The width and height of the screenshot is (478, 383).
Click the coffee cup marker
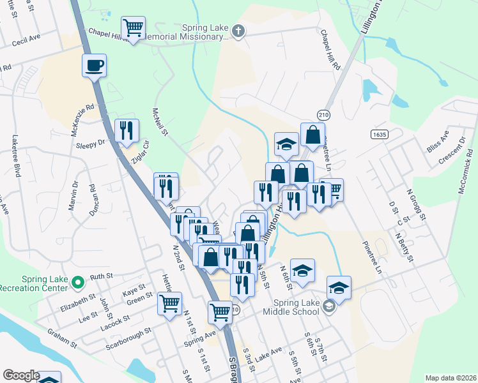pyautogui.click(x=94, y=65)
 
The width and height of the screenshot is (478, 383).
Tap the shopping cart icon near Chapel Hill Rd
pyautogui.click(x=134, y=28)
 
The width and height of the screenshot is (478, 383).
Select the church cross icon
pyautogui.click(x=238, y=31)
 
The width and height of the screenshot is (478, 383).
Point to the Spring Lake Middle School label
pyautogui.click(x=296, y=312)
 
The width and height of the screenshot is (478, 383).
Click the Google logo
pyautogui.click(x=21, y=375)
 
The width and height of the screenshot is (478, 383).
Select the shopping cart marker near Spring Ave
pyautogui.click(x=220, y=313)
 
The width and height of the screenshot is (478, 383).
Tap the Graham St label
pyautogui.click(x=63, y=338)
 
